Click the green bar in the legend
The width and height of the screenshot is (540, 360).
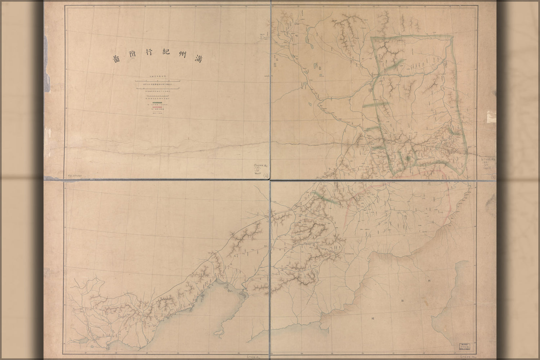(157, 103)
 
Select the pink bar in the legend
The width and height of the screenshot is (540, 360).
(157, 107)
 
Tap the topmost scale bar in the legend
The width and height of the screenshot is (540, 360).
(157, 81)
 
